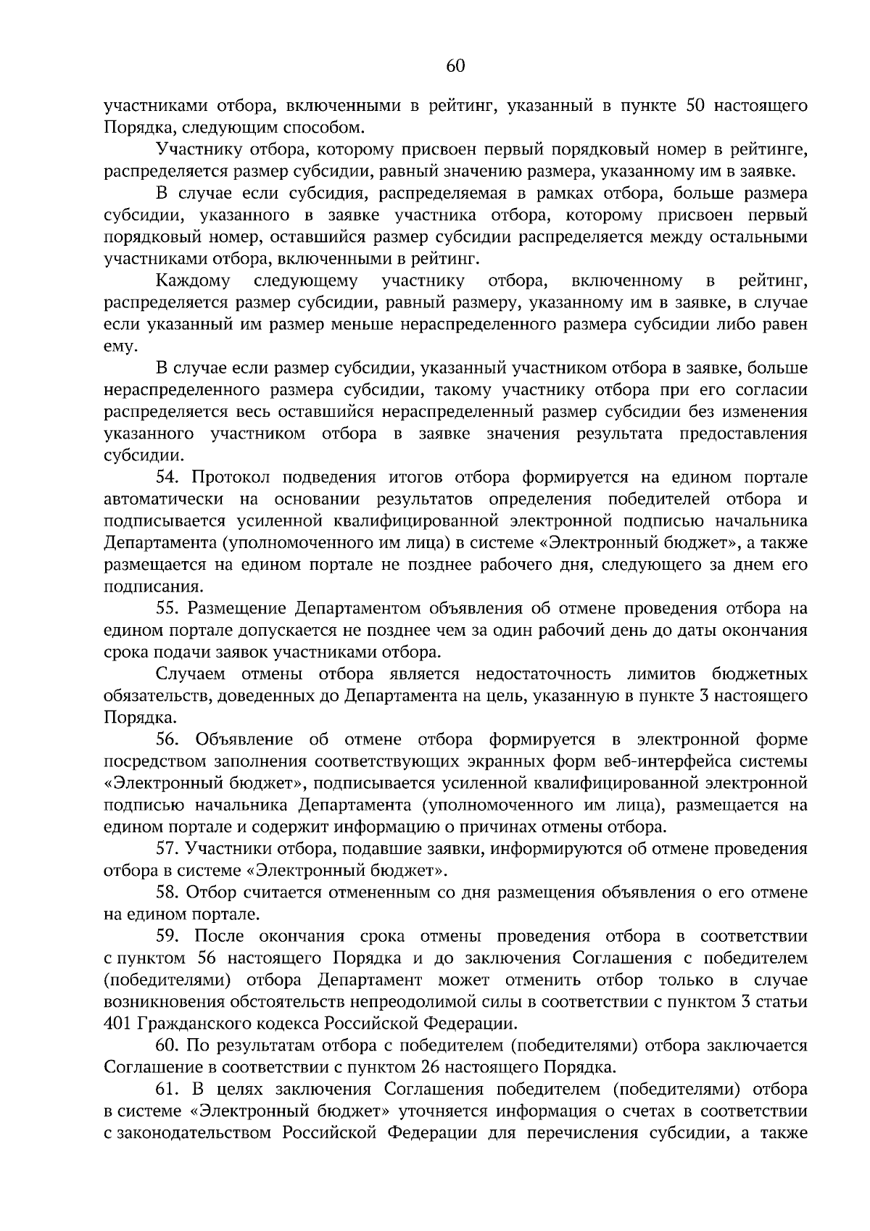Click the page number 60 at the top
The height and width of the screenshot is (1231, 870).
[455, 67]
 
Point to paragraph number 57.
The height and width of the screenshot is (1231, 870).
[168, 848]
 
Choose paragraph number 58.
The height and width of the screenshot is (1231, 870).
[168, 892]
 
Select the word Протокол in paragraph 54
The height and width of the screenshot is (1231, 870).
[231, 478]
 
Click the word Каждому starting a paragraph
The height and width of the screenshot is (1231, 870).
[193, 281]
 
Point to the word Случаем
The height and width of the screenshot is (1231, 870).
[190, 674]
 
